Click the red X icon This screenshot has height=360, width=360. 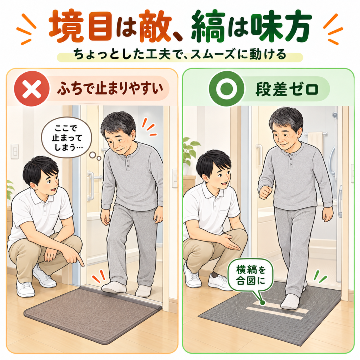[32, 89]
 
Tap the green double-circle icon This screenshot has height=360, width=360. [226, 89]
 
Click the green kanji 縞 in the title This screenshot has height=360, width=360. [208, 27]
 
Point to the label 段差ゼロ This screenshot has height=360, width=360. [287, 89]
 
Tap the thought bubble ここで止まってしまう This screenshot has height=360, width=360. [67, 138]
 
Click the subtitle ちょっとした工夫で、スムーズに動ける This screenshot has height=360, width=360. [180, 55]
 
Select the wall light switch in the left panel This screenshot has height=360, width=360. [15, 152]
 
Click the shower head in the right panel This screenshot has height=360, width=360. [335, 115]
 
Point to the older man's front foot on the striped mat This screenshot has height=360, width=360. [291, 302]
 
